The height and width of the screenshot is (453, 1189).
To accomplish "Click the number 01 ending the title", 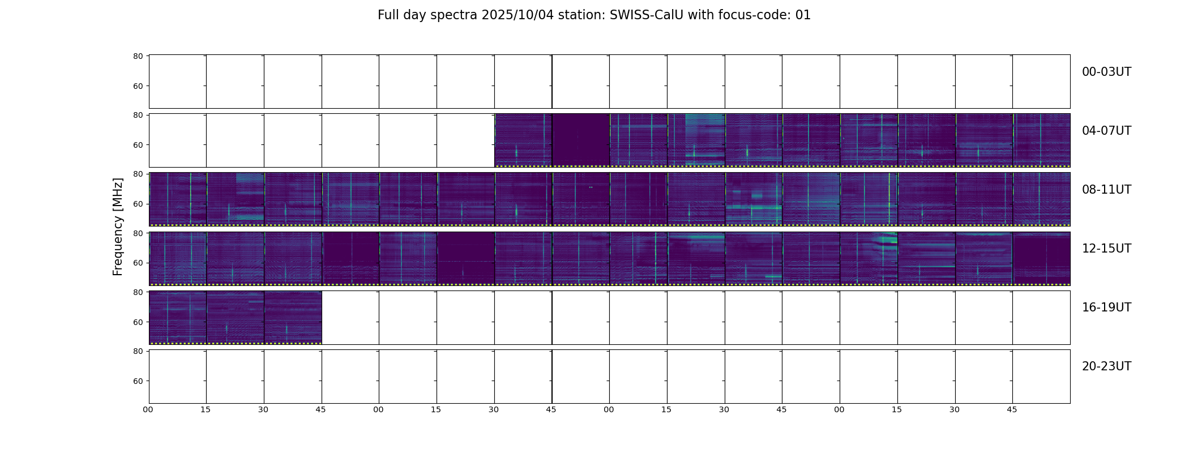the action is [803, 15].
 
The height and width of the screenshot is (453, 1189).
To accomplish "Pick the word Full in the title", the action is [389, 15].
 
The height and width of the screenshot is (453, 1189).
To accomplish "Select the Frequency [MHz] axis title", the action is [118, 226].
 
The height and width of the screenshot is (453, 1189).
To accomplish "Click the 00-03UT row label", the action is [1106, 72].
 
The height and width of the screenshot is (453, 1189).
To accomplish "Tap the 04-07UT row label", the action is [1106, 131].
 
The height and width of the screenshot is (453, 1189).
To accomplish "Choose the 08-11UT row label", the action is [1106, 190].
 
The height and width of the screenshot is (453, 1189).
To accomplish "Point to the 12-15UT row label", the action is [1106, 249].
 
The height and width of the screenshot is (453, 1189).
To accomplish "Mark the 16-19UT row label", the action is [1106, 307].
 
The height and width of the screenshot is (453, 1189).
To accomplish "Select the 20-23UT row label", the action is [1106, 366].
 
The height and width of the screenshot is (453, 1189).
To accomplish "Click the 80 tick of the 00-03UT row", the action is [138, 56].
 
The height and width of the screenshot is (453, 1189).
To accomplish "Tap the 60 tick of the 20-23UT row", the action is [138, 381].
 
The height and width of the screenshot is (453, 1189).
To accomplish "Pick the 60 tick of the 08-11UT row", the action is [138, 204].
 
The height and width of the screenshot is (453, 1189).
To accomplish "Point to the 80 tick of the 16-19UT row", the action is [138, 292].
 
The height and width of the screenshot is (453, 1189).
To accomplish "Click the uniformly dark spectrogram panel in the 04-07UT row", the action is [581, 140].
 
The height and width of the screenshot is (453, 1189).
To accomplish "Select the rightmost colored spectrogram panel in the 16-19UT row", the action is [293, 317].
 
